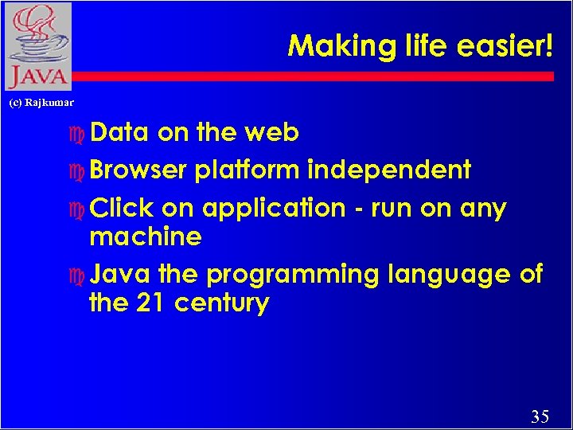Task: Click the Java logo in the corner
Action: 37,46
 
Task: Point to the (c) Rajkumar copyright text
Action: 41,103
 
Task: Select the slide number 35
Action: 540,416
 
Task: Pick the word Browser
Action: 138,170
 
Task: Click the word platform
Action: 247,170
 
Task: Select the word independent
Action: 389,170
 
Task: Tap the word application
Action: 274,209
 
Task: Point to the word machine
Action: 146,236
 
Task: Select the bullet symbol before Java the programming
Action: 76,276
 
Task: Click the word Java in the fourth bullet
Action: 121,275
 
